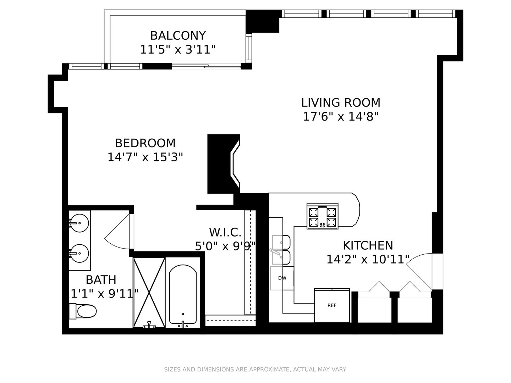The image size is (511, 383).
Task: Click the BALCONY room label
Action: (178, 35)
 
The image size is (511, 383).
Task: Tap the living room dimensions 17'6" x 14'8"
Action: (341, 117)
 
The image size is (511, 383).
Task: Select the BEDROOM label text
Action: (145, 143)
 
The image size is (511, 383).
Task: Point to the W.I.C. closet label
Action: (225, 232)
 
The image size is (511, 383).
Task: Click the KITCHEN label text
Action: (368, 245)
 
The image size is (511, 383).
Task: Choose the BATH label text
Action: (101, 279)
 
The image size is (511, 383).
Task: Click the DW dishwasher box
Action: (282, 278)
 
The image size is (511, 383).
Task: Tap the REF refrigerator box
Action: (332, 305)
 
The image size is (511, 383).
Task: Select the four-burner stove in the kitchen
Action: (323, 216)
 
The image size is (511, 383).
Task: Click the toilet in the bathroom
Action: (83, 311)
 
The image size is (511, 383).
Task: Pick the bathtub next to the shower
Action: (183, 294)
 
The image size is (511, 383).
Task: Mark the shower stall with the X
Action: (149, 292)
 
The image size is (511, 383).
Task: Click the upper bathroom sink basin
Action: (79, 223)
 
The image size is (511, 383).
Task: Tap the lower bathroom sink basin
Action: (79, 253)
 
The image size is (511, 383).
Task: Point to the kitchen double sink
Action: (281, 250)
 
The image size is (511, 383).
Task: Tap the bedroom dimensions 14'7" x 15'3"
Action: (145, 157)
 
